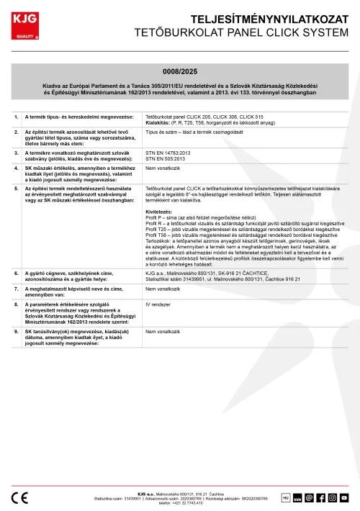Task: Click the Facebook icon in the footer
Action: (321, 497)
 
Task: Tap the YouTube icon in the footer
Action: (344, 497)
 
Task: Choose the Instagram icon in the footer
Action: (333, 497)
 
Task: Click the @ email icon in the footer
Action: (310, 497)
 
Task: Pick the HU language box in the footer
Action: (285, 497)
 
